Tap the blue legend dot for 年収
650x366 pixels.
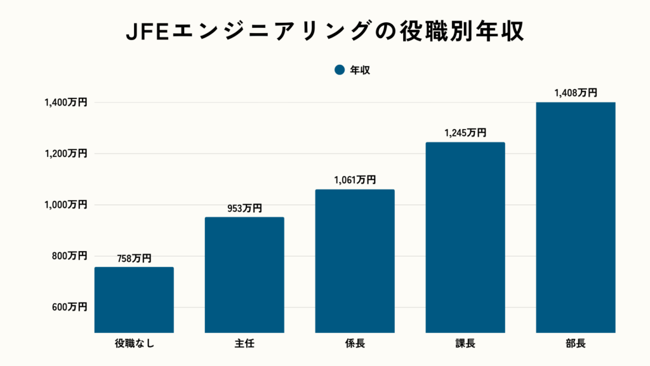pyautogui.click(x=339, y=71)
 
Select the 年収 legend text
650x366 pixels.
pyautogui.click(x=360, y=71)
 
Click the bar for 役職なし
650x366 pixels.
pyautogui.click(x=134, y=299)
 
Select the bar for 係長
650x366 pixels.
pyautogui.click(x=355, y=261)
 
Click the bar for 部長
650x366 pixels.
pyautogui.click(x=576, y=217)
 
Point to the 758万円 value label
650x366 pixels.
pyautogui.click(x=134, y=258)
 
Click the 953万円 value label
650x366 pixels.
pyautogui.click(x=244, y=208)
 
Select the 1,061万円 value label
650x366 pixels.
pyautogui.click(x=355, y=180)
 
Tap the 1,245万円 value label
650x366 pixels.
pyautogui.click(x=465, y=133)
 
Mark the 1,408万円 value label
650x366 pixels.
pyautogui.click(x=576, y=93)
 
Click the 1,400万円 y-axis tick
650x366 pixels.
pyautogui.click(x=65, y=102)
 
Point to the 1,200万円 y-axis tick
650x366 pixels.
pyautogui.click(x=65, y=154)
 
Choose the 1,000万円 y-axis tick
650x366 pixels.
pyautogui.click(x=65, y=205)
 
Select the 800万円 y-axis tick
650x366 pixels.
pyautogui.click(x=69, y=256)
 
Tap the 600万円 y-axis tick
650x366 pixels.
pyautogui.click(x=69, y=308)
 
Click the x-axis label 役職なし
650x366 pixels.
pyautogui.click(x=134, y=344)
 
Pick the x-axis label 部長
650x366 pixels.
pyautogui.click(x=576, y=344)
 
